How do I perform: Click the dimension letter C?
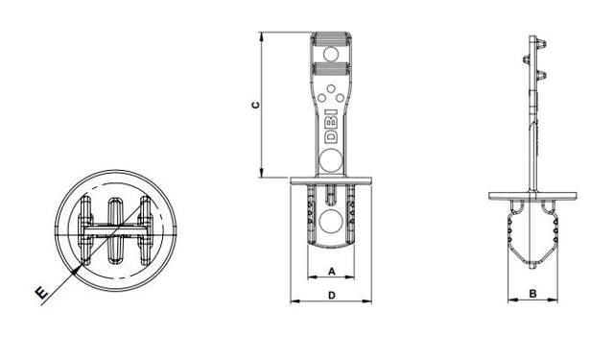pos(253,106)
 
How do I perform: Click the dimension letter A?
pos(331,272)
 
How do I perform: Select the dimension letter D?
pos(331,296)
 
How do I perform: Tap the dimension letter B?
pos(531,294)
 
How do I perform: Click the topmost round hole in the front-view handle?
pos(331,56)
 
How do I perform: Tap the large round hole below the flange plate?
pos(331,226)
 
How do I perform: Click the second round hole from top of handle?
pos(331,74)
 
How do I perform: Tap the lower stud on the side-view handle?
pos(544,73)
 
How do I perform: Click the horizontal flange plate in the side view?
pos(533,196)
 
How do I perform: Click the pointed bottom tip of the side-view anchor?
pos(530,265)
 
